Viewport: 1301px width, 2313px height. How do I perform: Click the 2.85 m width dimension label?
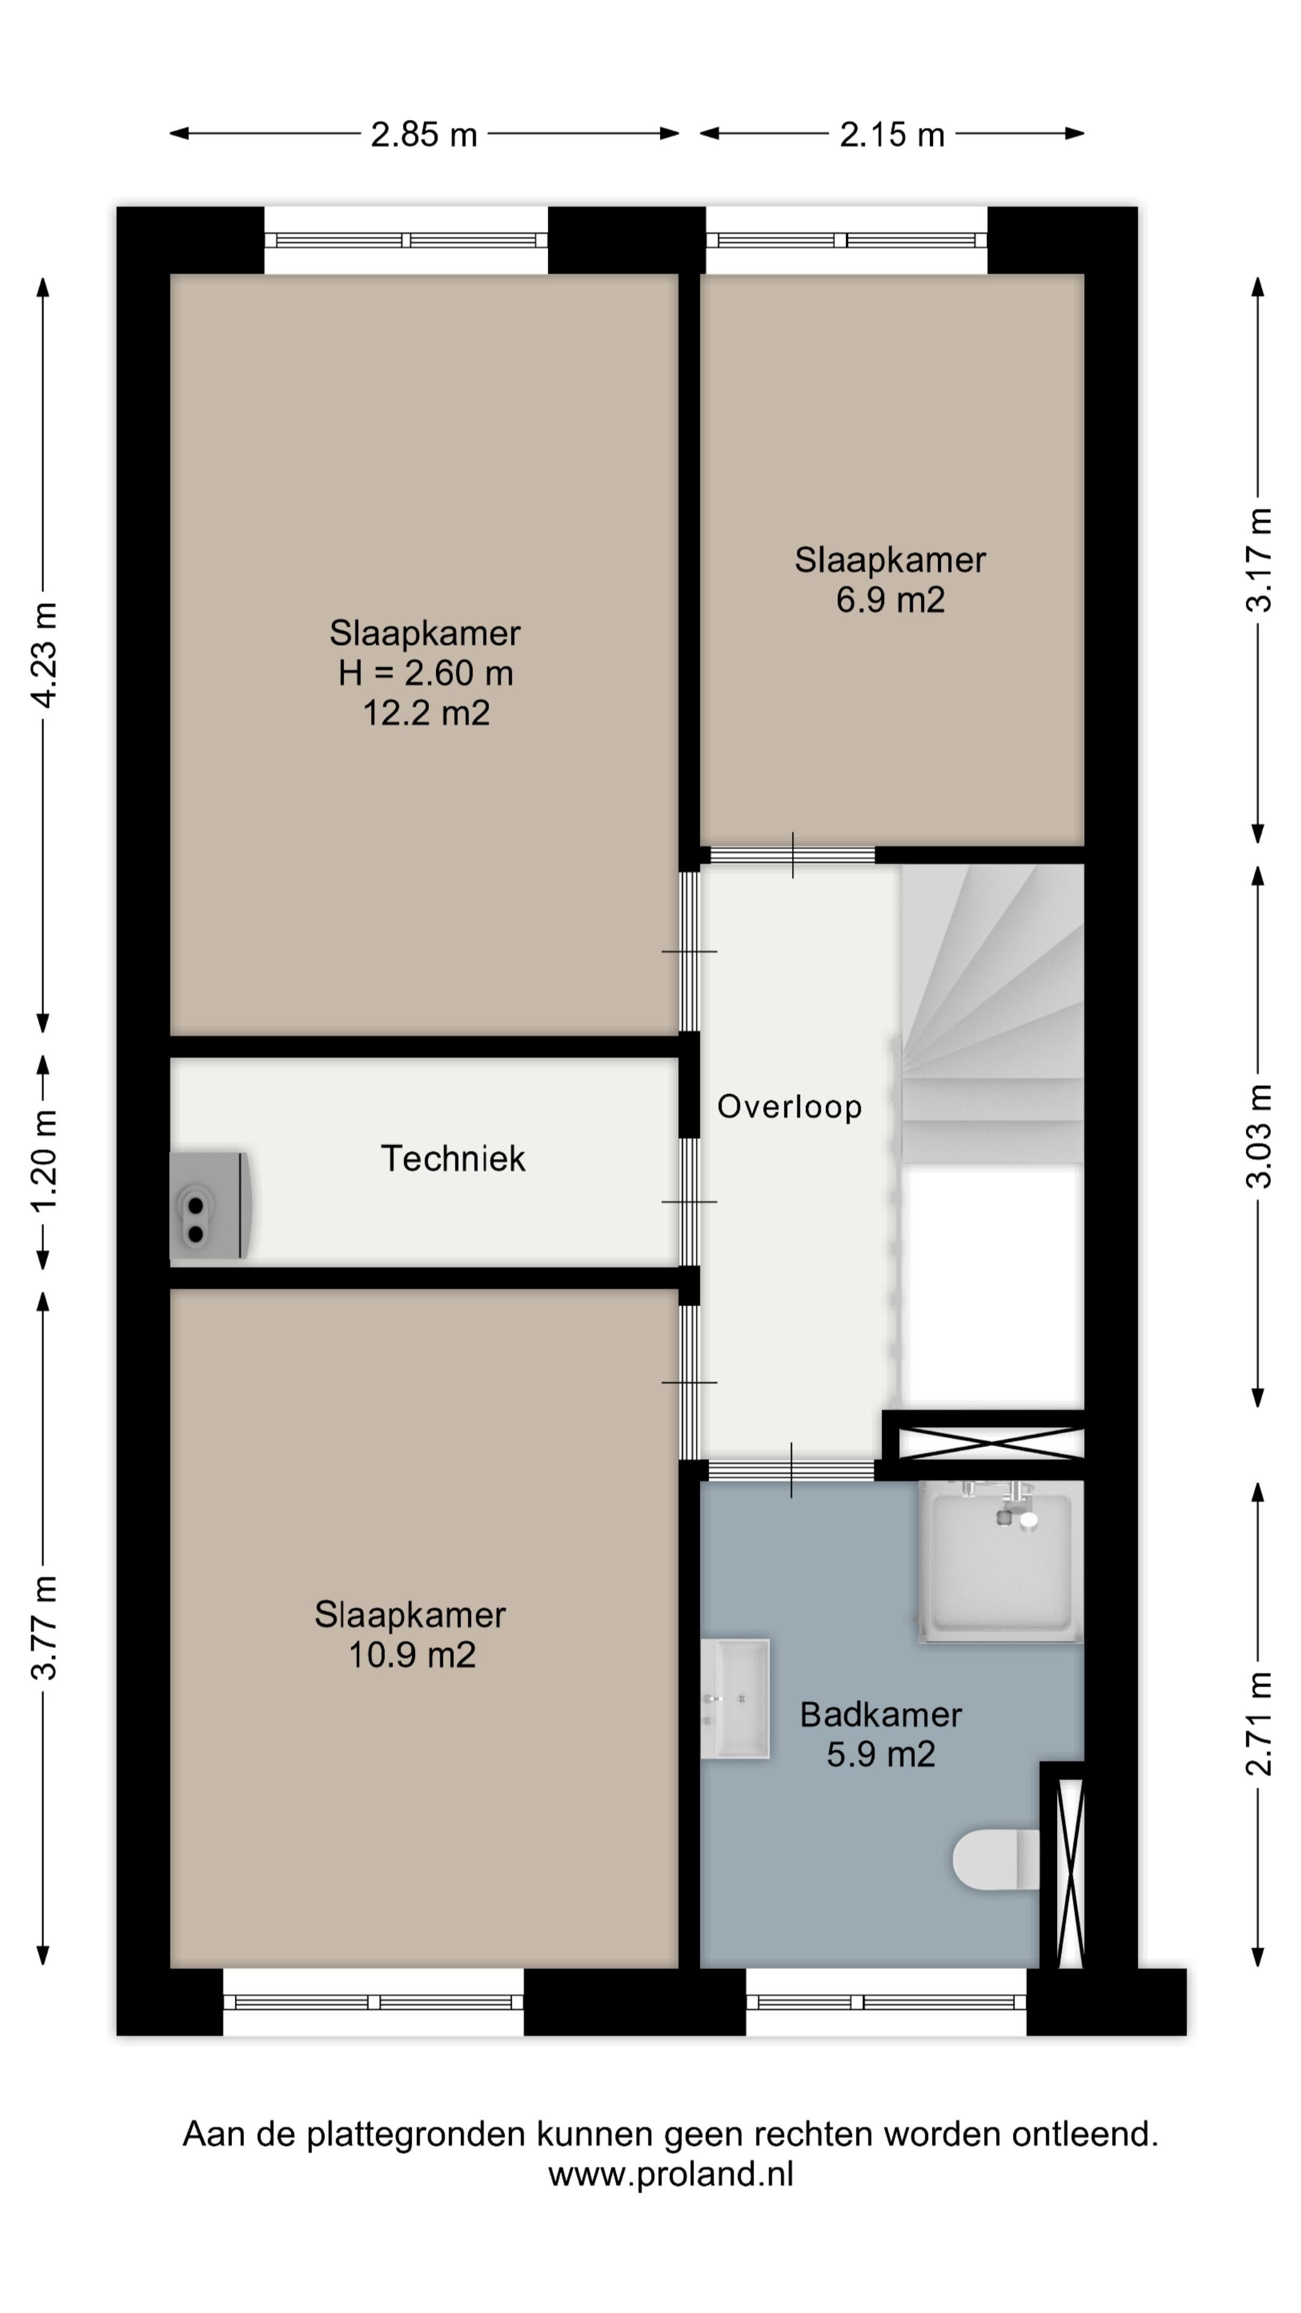pos(424,135)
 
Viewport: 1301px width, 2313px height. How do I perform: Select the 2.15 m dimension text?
pos(891,135)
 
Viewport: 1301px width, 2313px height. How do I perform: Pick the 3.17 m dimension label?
pos(1259,560)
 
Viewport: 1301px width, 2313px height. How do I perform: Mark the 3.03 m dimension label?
pos(1259,1137)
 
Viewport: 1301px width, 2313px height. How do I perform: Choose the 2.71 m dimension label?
pos(1259,1724)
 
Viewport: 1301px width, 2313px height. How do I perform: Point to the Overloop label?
pos(789,1107)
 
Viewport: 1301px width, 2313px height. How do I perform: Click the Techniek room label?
pos(454,1158)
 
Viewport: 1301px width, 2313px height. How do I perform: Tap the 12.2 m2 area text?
pos(426,713)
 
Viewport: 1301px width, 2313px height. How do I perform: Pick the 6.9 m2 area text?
pos(891,600)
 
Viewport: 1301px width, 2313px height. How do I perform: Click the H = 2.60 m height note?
pos(426,673)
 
